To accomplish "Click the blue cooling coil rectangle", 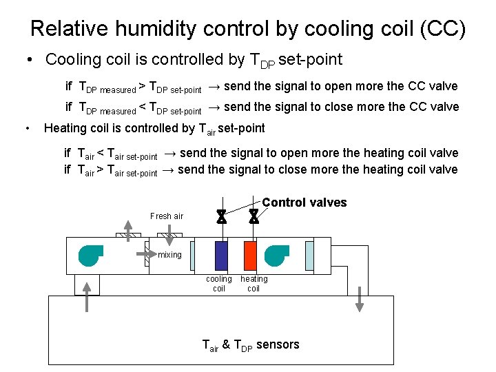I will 221,256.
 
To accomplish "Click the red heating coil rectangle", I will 250,256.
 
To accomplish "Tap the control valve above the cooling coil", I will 221,217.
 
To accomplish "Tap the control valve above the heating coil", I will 254,217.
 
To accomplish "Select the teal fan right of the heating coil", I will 277,255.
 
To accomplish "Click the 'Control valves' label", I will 304,203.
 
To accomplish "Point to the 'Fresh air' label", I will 167,216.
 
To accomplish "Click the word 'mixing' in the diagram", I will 169,255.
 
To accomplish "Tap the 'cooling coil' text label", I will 219,284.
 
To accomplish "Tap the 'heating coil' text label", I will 254,284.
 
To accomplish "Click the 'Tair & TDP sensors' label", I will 251,344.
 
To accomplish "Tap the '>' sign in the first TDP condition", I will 142,87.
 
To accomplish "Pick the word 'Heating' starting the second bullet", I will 65,128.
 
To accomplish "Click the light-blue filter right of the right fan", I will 309,256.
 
